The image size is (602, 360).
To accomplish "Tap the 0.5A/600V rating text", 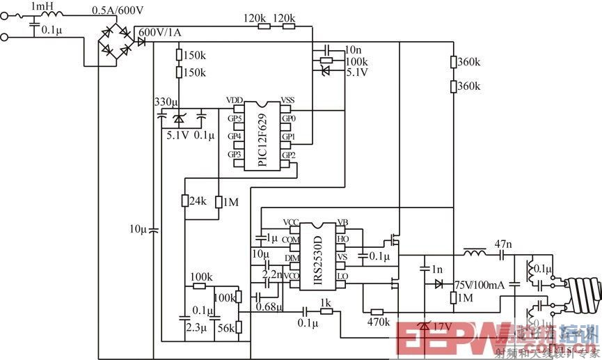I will (118, 10).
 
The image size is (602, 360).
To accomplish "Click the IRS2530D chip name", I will (318, 253).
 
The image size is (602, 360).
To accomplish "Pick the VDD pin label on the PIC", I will (234, 101).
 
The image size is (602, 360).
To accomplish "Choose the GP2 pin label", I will (289, 154).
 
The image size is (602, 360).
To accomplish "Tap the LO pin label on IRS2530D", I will (342, 276).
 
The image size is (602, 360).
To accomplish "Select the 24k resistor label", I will (198, 201).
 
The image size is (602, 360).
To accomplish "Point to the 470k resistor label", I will (378, 322).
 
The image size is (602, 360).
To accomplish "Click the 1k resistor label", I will (325, 302).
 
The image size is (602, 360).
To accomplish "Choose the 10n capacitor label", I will (353, 50).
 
